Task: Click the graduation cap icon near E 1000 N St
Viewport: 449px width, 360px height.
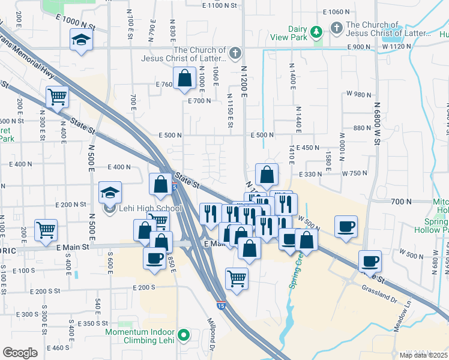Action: pos(80,40)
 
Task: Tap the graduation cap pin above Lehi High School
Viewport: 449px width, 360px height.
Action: pos(110,193)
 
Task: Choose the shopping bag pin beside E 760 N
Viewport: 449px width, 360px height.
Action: pos(184,78)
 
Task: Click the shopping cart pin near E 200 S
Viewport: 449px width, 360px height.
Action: pos(237,278)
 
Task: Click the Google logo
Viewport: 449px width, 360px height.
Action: pos(20,352)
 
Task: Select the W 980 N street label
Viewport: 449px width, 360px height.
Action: pos(360,94)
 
